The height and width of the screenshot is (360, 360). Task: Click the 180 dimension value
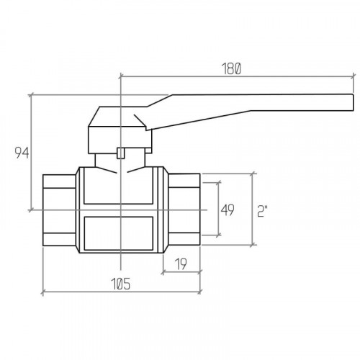pyautogui.click(x=231, y=68)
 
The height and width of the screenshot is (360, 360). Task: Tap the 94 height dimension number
pyautogui.click(x=22, y=153)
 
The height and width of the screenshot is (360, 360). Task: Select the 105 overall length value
pyautogui.click(x=121, y=284)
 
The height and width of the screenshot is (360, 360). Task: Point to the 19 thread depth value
pyautogui.click(x=181, y=264)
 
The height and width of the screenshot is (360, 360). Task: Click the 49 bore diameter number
pyautogui.click(x=228, y=210)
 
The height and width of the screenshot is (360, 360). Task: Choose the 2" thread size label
pyautogui.click(x=262, y=211)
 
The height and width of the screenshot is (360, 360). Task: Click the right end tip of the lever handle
pyautogui.click(x=354, y=102)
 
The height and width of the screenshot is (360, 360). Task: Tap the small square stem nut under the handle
pyautogui.click(x=121, y=153)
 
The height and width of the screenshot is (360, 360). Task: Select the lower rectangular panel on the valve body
pyautogui.click(x=119, y=233)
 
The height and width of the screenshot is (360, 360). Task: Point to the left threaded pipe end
pyautogui.click(x=60, y=210)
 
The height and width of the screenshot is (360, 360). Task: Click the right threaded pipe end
pyautogui.click(x=184, y=210)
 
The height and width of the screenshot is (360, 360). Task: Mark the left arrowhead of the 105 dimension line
pyautogui.click(x=43, y=292)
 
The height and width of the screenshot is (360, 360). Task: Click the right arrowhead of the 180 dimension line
pyautogui.click(x=354, y=76)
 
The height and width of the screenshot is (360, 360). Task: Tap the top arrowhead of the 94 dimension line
pyautogui.click(x=31, y=95)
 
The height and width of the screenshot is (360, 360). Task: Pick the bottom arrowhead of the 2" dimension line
pyautogui.click(x=252, y=245)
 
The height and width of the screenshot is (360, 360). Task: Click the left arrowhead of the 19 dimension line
pyautogui.click(x=163, y=272)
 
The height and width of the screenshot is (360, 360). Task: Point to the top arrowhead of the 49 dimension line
pyautogui.click(x=218, y=183)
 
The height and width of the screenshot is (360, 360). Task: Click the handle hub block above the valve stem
pyautogui.click(x=120, y=140)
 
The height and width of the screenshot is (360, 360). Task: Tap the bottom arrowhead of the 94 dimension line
pyautogui.click(x=31, y=210)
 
